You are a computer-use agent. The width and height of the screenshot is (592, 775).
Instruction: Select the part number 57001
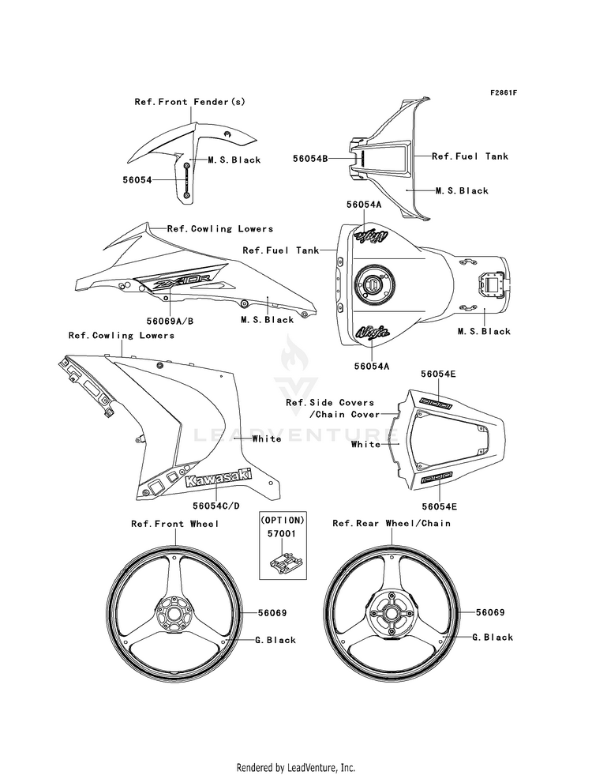(280, 535)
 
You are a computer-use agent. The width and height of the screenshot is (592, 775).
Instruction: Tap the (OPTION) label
(281, 521)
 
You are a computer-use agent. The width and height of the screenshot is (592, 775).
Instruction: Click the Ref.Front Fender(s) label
(178, 102)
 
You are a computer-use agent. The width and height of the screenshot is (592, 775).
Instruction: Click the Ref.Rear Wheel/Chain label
(392, 524)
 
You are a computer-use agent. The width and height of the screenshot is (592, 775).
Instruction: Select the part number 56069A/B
(170, 320)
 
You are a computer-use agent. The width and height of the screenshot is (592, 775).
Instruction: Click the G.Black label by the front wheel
(275, 640)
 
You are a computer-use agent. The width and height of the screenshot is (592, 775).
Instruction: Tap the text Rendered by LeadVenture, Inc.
(296, 767)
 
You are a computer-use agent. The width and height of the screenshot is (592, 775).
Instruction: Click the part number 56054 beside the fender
(137, 180)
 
